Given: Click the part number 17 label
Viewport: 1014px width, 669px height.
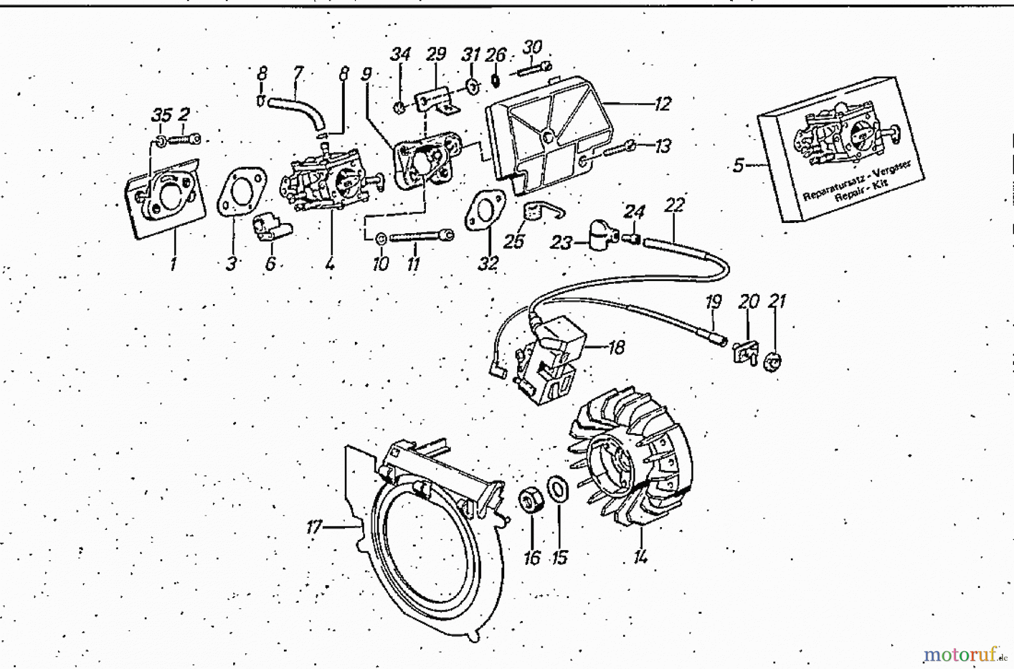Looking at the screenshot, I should [x=313, y=527].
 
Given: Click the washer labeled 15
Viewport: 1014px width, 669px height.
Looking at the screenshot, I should [x=558, y=488].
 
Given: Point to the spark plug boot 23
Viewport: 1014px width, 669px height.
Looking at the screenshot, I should [x=600, y=235].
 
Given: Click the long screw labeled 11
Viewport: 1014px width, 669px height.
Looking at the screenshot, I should [x=420, y=236].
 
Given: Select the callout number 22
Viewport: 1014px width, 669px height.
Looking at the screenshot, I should [x=674, y=205].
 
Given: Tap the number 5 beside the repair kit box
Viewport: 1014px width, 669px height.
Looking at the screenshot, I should [x=738, y=166].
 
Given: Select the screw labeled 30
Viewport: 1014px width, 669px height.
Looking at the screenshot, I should [x=532, y=68].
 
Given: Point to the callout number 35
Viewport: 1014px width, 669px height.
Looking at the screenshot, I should [x=161, y=115].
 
